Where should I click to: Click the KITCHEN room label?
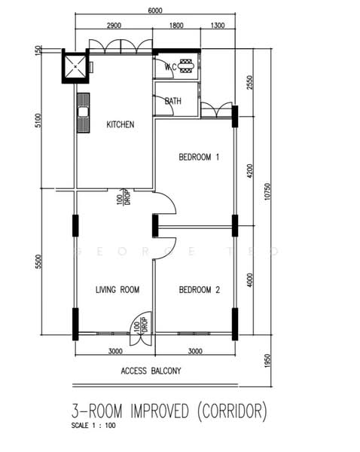[x=121, y=124]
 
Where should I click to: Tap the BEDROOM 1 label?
[x=199, y=157]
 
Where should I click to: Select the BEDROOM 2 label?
[x=199, y=289]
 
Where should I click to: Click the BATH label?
[x=173, y=101]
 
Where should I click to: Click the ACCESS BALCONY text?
[x=151, y=371]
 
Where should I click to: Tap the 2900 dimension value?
[x=114, y=26]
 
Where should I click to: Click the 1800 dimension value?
[x=175, y=26]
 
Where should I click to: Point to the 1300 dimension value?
[x=218, y=26]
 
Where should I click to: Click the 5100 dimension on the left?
[x=38, y=121]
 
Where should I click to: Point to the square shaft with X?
[x=75, y=66]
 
